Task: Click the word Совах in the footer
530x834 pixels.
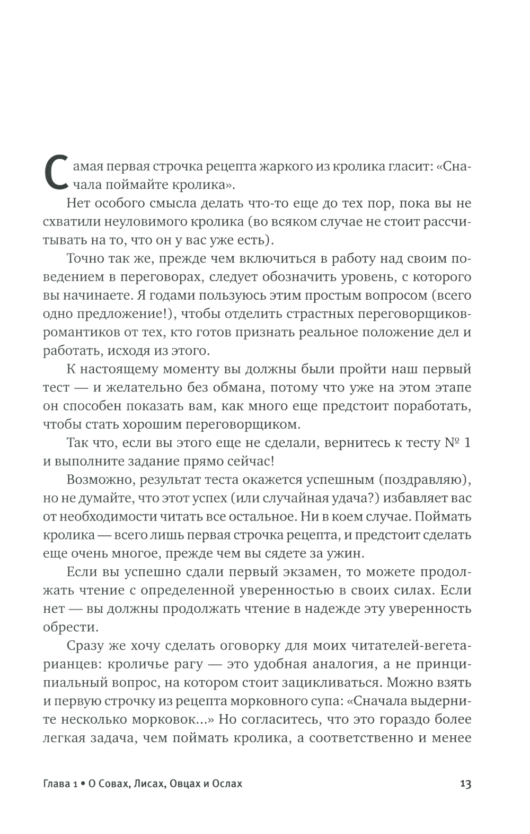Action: point(112,784)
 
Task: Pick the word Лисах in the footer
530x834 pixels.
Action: point(148,784)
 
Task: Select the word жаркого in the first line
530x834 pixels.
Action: point(280,167)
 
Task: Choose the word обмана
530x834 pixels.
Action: point(232,387)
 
